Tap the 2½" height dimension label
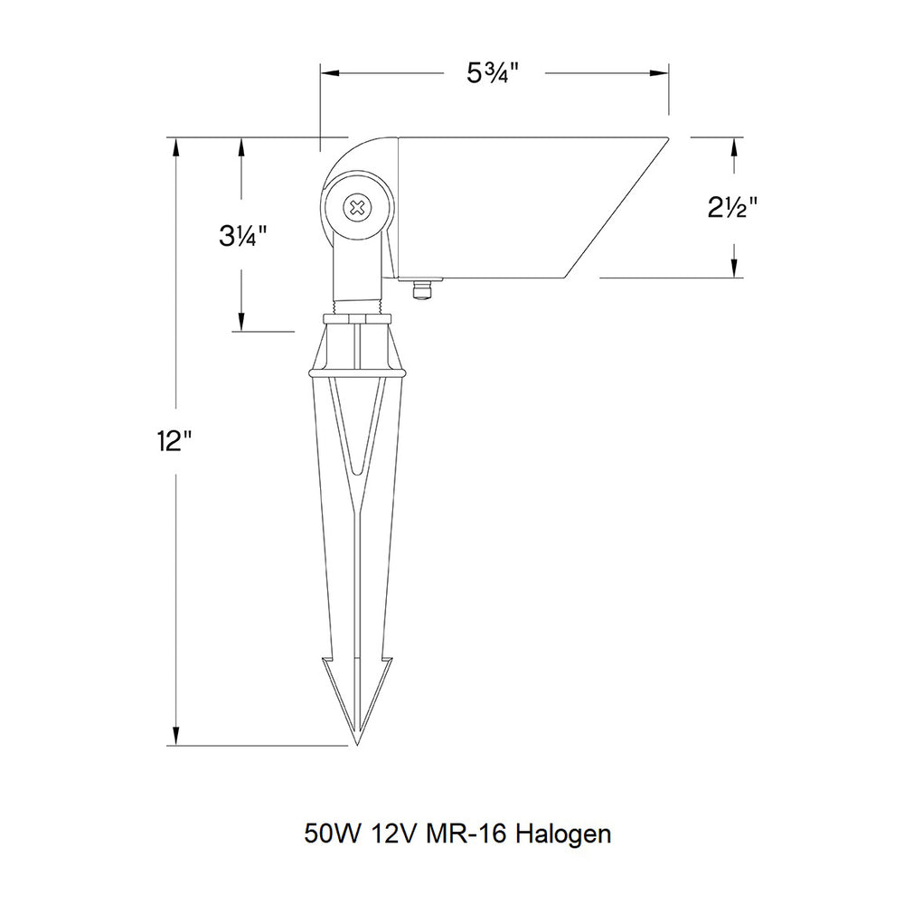[x=733, y=208]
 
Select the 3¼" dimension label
[x=242, y=236]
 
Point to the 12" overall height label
[x=174, y=442]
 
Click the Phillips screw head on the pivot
[x=357, y=208]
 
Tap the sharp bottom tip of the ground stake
[x=357, y=744]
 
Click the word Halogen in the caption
[x=563, y=834]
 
